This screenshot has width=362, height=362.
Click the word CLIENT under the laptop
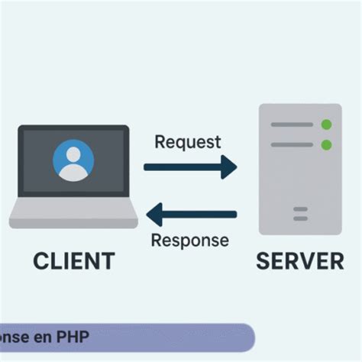[73, 261]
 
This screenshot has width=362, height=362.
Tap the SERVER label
[299, 261]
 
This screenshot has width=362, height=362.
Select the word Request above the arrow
[187, 142]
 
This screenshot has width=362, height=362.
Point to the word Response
[189, 241]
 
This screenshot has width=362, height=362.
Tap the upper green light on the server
[327, 124]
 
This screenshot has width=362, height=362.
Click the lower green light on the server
[327, 144]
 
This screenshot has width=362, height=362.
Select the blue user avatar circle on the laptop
[73, 161]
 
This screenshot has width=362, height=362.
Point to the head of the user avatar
[73, 155]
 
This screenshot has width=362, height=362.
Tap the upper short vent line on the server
[300, 208]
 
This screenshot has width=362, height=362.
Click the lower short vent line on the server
[300, 218]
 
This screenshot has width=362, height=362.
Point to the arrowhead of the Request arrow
[230, 166]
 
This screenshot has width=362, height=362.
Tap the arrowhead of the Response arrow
[152, 215]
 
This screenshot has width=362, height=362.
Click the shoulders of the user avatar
[73, 173]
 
